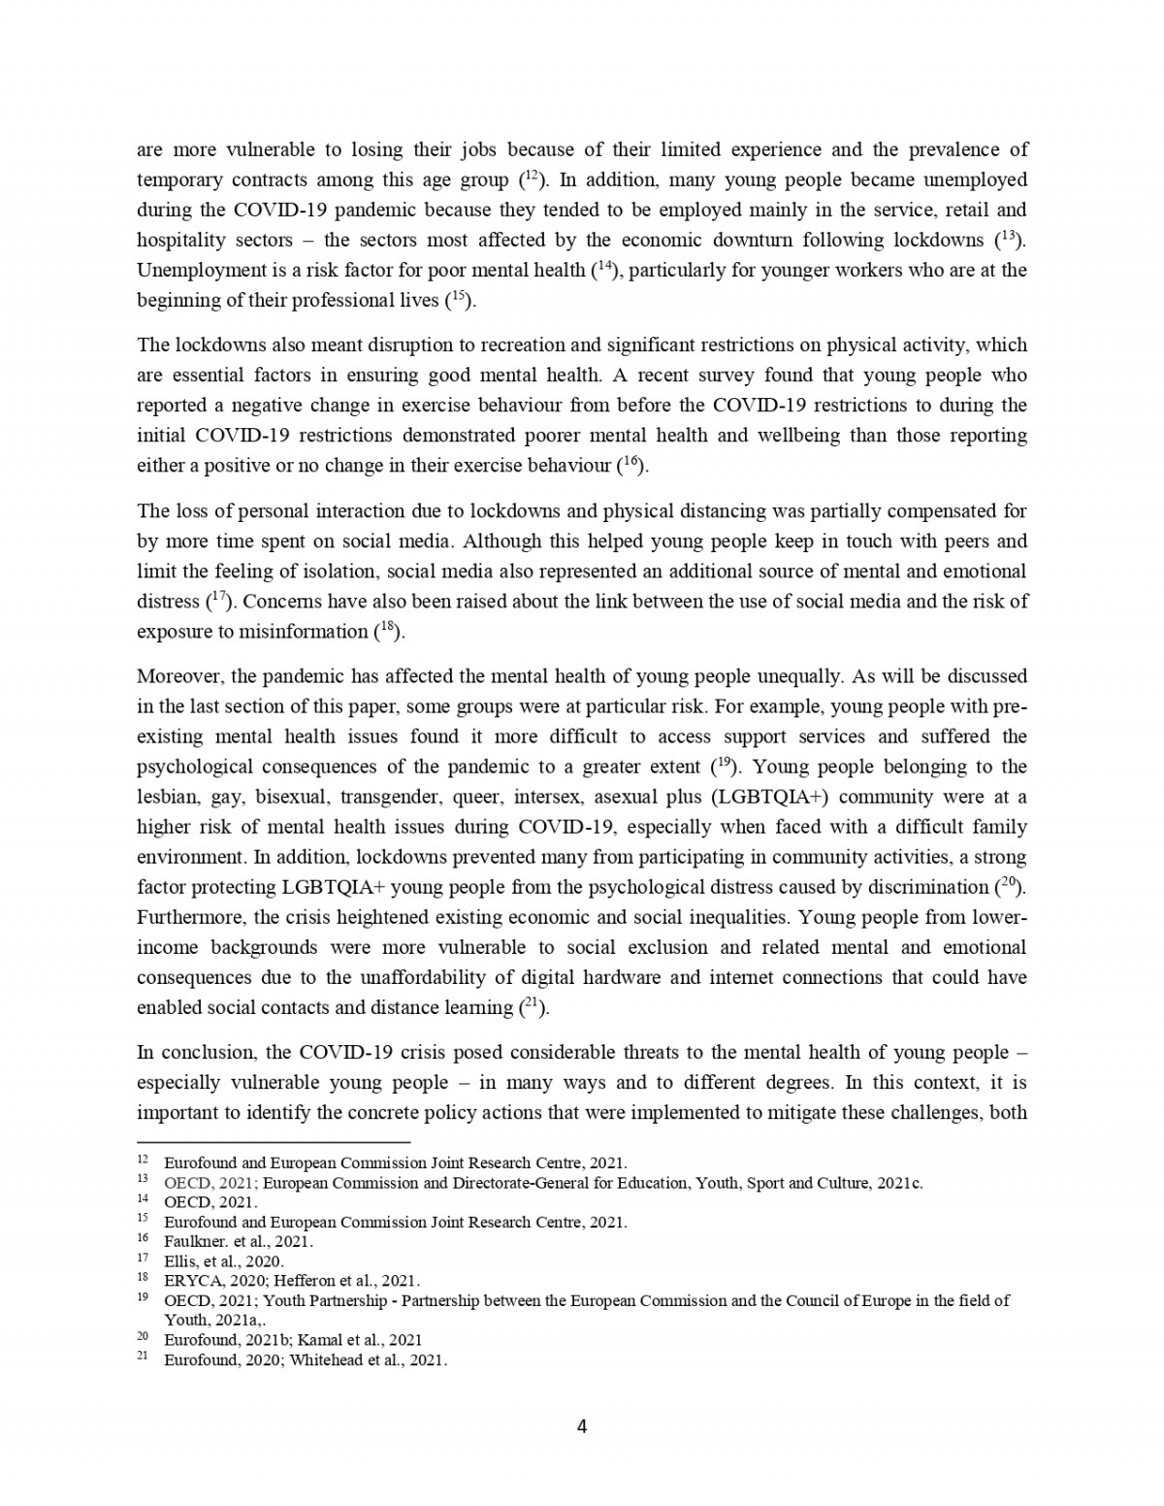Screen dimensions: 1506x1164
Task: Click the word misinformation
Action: point(303,632)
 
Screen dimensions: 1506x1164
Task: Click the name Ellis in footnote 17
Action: point(178,1261)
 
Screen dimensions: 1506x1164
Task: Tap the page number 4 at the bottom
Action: point(582,1426)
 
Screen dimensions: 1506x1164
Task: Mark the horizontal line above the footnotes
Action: point(274,1142)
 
